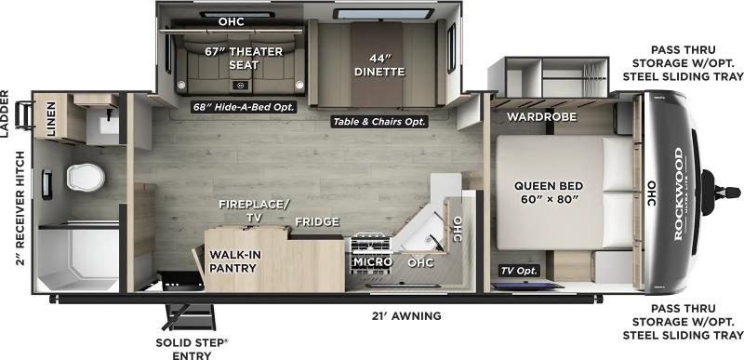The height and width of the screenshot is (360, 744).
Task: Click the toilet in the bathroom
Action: [86, 178]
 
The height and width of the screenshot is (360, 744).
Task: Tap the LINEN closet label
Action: [50, 119]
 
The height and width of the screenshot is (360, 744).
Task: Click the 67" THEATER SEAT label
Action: [244, 58]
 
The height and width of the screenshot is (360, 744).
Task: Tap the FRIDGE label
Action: [317, 221]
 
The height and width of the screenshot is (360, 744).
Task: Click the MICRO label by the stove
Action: [373, 261]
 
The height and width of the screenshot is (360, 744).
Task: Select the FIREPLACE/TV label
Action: [254, 210]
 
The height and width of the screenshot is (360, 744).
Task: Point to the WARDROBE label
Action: [542, 116]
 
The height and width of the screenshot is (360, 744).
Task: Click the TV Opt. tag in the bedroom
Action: [519, 271]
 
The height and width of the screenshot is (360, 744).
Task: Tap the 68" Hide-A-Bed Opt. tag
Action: [244, 107]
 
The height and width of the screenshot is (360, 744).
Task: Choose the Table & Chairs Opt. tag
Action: [379, 122]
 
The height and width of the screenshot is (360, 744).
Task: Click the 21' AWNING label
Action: [407, 316]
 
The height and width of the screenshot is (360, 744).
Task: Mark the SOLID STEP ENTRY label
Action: [193, 349]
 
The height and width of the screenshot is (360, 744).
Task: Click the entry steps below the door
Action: [189, 316]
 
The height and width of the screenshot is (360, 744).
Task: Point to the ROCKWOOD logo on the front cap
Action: [679, 194]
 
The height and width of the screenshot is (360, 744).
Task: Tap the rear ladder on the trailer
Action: [23, 115]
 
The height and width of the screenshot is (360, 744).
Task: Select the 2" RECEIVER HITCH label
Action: [20, 208]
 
